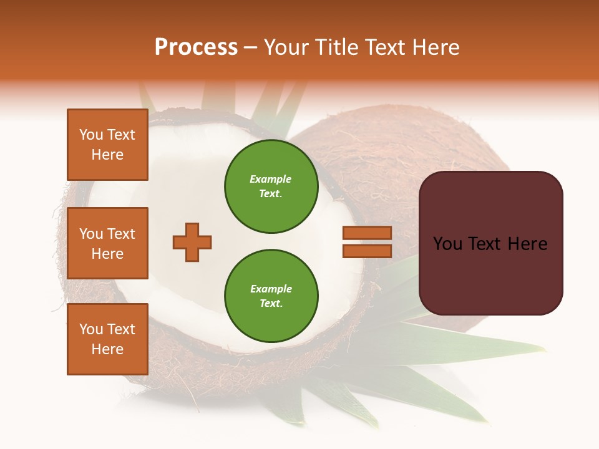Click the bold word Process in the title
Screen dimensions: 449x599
point(196,47)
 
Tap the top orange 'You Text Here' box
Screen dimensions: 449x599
point(107,145)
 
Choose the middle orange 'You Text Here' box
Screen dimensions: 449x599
point(107,243)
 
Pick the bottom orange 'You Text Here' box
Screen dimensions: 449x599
point(107,339)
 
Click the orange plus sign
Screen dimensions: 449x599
point(192,242)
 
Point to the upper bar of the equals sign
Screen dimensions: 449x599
point(367,233)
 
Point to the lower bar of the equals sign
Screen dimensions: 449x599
point(367,251)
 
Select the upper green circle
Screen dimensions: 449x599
point(271,186)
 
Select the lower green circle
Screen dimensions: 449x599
point(271,296)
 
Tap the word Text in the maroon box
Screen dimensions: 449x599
point(490,244)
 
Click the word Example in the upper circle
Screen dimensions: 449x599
point(271,179)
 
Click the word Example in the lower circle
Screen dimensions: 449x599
point(271,289)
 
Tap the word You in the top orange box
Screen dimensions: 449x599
point(90,135)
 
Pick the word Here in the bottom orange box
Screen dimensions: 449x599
point(107,349)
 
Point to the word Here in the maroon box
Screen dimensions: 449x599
point(528,244)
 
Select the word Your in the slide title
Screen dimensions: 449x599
point(285,47)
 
